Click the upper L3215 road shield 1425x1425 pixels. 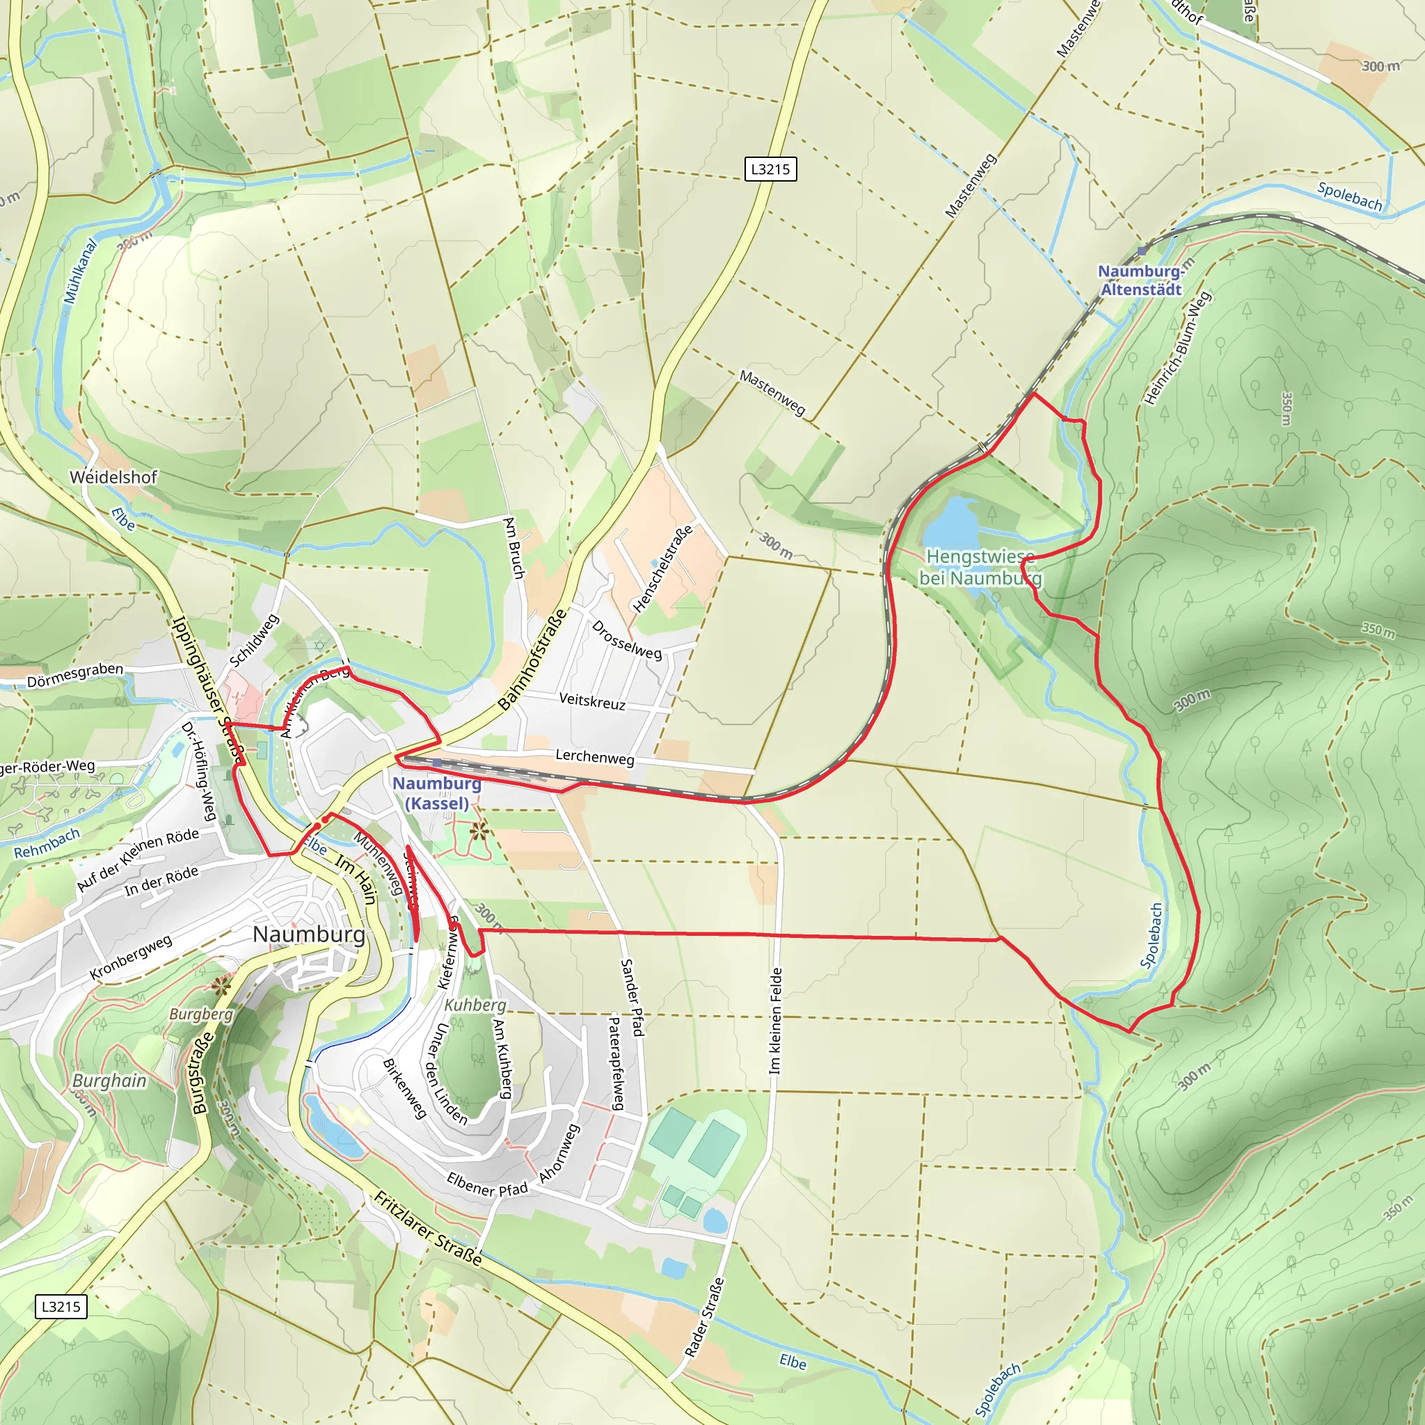coord(770,169)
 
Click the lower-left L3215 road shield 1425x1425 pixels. coord(61,1306)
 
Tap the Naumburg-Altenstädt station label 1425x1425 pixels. coord(1141,280)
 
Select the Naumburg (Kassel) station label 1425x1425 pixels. coord(437,793)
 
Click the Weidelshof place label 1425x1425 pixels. coord(113,477)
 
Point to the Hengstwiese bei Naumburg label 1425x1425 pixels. coord(980,567)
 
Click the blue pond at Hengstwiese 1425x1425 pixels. coord(950,520)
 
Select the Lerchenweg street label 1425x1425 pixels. coord(594,757)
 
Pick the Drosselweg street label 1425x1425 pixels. coord(626,639)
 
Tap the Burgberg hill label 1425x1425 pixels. coord(200,1014)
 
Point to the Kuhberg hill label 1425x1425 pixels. coord(476,1005)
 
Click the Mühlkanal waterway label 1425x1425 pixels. coord(81,271)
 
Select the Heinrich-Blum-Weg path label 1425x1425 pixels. coord(1177,348)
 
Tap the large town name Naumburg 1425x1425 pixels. coord(309,934)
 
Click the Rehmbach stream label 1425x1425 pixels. coord(47,843)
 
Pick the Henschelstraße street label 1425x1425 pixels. coord(663,568)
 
